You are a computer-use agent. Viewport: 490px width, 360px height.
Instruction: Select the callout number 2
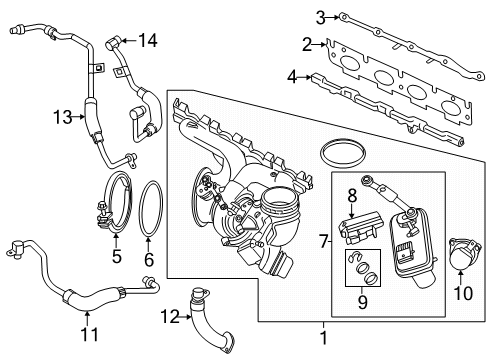tap(307, 43)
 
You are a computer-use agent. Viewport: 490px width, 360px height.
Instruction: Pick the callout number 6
tap(149, 259)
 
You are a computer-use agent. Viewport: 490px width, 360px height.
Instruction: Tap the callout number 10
tap(463, 294)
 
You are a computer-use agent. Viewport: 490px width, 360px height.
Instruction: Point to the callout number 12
tap(169, 318)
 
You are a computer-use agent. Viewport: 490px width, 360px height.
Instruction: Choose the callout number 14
tap(148, 40)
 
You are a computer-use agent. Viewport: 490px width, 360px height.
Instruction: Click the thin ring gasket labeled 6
tap(150, 211)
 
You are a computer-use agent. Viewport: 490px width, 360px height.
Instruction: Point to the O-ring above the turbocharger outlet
tap(341, 156)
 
